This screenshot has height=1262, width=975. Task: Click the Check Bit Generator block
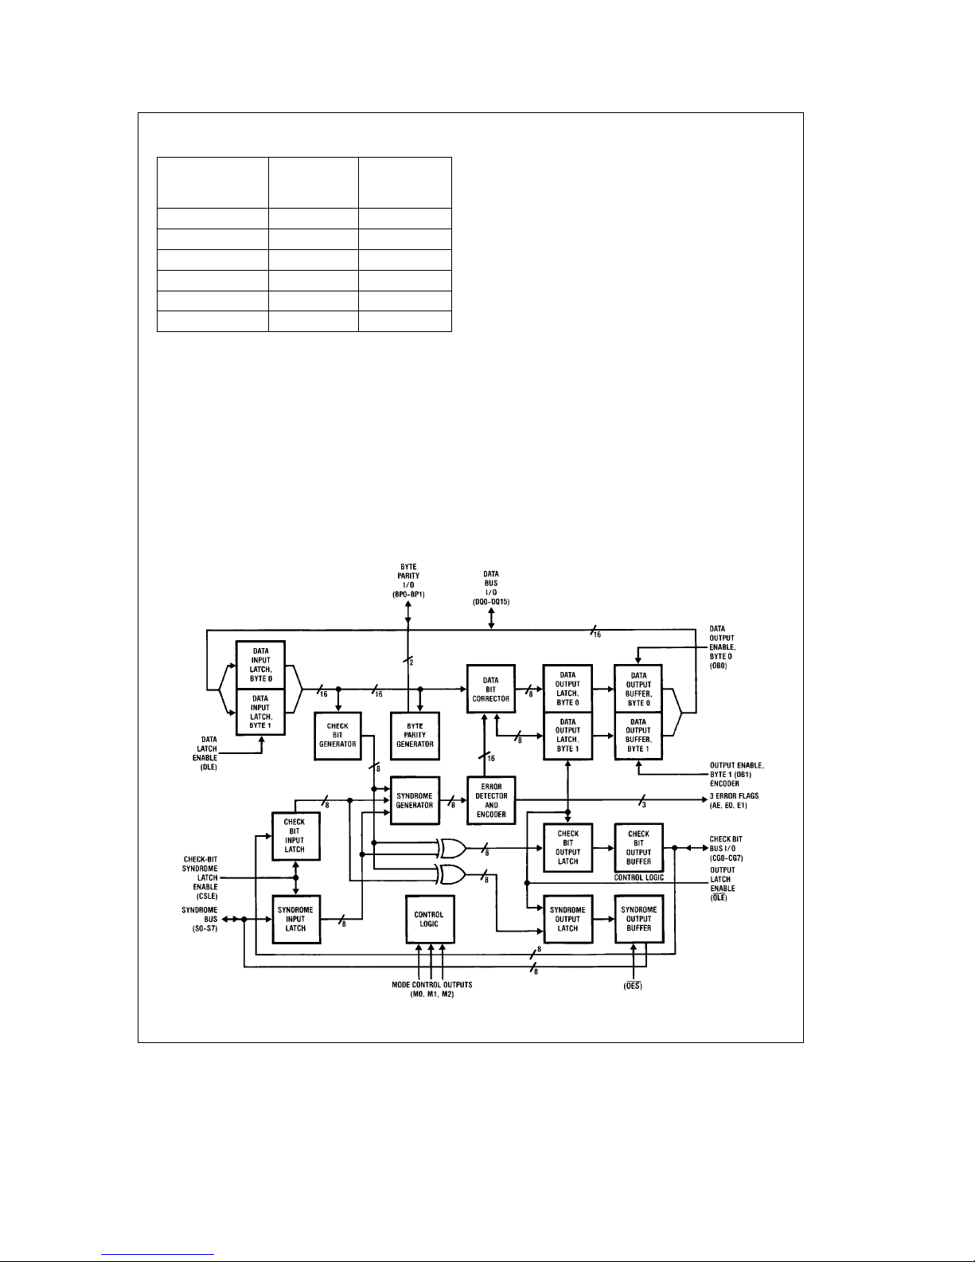pyautogui.click(x=339, y=735)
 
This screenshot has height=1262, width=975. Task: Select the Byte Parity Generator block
pyautogui.click(x=415, y=735)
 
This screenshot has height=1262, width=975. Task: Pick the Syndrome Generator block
pyautogui.click(x=415, y=799)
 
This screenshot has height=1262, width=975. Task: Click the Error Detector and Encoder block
pyautogui.click(x=491, y=799)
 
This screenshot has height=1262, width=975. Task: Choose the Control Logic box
pyautogui.click(x=429, y=919)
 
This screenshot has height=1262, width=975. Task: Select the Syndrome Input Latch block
pyautogui.click(x=295, y=919)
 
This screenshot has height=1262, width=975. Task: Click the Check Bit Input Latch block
pyautogui.click(x=295, y=836)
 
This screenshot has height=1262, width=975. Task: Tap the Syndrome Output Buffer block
pyautogui.click(x=638, y=919)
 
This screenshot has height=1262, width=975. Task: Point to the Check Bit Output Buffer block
pyautogui.click(x=638, y=848)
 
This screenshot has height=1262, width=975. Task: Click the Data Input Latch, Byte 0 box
pyautogui.click(x=260, y=665)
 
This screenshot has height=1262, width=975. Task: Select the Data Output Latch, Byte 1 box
pyautogui.click(x=567, y=735)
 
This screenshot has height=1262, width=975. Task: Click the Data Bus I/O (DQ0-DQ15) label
pyautogui.click(x=491, y=587)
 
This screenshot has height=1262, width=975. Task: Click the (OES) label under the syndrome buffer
pyautogui.click(x=632, y=986)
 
